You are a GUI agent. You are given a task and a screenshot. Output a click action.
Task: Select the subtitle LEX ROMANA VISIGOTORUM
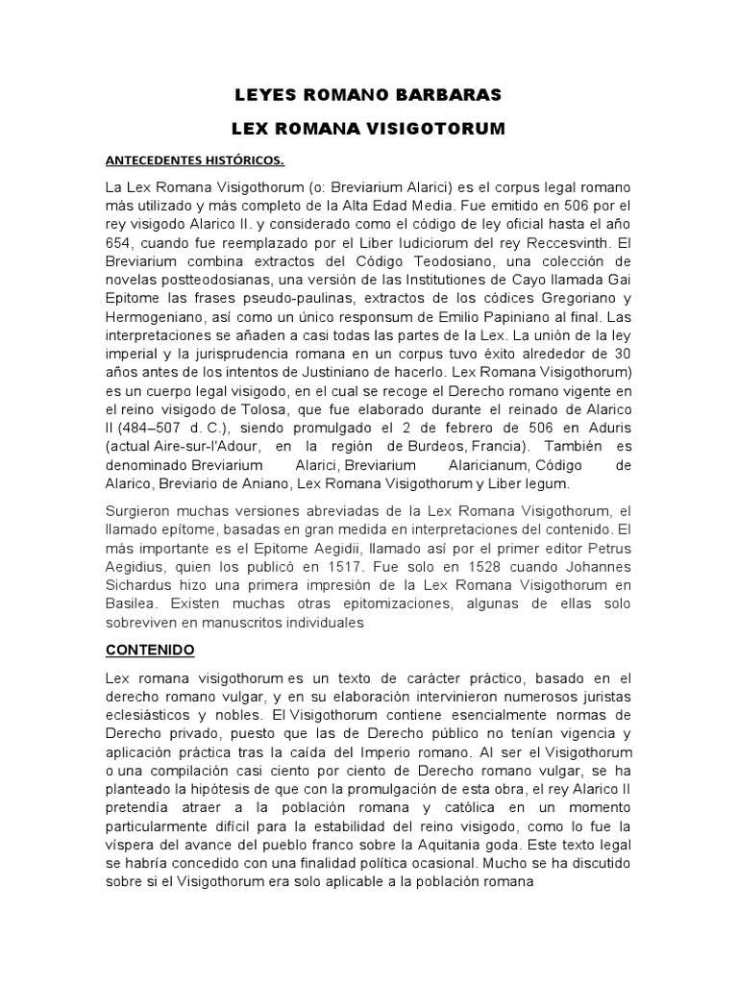coord(369,128)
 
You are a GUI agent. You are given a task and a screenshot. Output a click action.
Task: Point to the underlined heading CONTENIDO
coord(150,651)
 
